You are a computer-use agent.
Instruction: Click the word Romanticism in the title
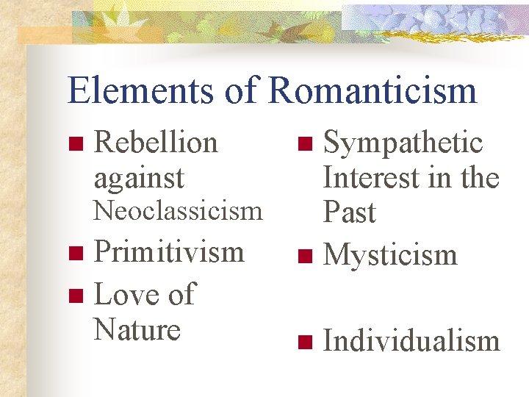click(373, 91)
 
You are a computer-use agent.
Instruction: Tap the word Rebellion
click(156, 143)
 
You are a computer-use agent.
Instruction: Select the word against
click(139, 178)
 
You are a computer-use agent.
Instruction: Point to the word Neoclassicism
click(178, 211)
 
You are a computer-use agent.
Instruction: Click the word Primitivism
click(169, 251)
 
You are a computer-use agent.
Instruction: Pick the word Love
click(125, 294)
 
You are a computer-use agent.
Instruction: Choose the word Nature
click(137, 329)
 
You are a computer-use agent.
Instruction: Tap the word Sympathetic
click(403, 143)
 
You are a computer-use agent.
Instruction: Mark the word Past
click(349, 212)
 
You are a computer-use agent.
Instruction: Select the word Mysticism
click(390, 255)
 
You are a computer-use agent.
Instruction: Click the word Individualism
click(411, 341)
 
